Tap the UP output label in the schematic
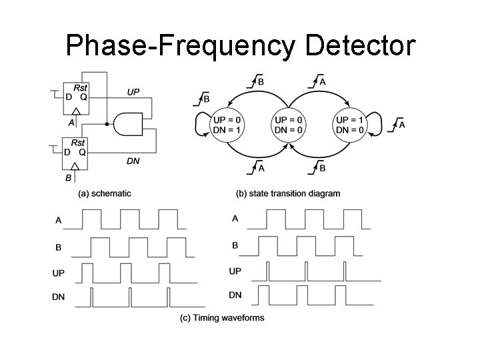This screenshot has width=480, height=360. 133,91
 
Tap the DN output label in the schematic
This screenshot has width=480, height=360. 133,161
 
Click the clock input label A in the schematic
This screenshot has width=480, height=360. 71,122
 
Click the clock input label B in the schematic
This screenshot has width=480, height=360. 69,178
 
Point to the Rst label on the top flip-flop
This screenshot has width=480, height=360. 79,87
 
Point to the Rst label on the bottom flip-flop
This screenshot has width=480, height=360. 79,143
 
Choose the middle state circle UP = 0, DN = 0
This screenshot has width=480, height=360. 287,125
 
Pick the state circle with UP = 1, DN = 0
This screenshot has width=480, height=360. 349,125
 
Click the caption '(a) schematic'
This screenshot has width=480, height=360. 105,193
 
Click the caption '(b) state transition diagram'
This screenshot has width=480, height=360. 288,193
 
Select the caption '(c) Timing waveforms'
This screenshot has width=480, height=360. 222,318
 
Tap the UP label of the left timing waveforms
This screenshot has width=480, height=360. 59,273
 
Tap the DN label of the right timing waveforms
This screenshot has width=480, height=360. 235,295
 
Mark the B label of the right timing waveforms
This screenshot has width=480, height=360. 235,245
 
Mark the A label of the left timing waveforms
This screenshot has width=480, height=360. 58,219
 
